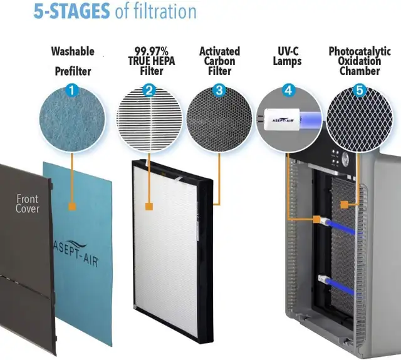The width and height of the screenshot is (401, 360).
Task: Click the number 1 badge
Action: [x=73, y=90]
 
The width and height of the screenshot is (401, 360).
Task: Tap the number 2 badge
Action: [x=148, y=90]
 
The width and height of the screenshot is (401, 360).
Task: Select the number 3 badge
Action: [x=219, y=90]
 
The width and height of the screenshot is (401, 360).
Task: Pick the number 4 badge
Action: [x=288, y=90]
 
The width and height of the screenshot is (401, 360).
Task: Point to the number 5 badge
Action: [x=359, y=90]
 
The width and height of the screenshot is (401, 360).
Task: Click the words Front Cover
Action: [x=27, y=203]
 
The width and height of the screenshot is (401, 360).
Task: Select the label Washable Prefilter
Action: [x=72, y=61]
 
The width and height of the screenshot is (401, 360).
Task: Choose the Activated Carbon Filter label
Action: [x=219, y=61]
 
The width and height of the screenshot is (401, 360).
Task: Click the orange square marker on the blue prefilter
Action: [x=73, y=205]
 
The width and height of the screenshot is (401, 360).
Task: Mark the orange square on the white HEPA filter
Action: [x=149, y=205]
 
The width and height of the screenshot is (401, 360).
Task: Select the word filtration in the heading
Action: [x=157, y=11]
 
